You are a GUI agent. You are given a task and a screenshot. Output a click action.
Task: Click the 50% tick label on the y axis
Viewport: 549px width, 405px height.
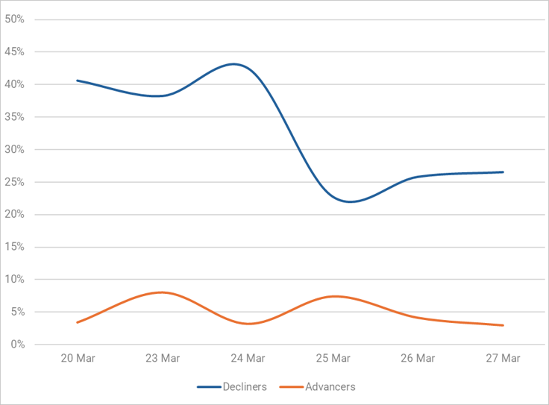pos(15,19)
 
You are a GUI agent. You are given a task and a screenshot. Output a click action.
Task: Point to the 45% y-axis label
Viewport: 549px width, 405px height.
pos(15,52)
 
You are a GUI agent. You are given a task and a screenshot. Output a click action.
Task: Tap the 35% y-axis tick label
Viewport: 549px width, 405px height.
pos(15,117)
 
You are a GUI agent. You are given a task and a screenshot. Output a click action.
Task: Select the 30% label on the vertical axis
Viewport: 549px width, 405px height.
pos(15,150)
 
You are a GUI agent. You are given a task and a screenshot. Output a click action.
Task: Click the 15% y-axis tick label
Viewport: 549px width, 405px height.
pos(15,248)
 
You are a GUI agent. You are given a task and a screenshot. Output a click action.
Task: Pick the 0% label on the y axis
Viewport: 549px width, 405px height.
pos(17,345)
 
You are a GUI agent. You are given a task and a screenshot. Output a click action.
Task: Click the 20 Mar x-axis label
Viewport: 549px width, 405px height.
pos(78,358)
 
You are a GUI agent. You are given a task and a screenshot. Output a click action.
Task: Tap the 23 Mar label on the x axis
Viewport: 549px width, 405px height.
pos(163,358)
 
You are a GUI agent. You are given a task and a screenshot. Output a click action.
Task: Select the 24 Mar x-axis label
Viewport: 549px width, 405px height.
pos(248,358)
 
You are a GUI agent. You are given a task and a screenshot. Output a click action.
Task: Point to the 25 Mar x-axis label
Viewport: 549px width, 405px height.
pos(333,358)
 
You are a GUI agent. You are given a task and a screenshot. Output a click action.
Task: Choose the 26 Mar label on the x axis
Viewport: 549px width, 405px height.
pos(418,358)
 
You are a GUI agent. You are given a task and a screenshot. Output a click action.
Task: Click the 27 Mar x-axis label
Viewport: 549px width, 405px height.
pos(503,358)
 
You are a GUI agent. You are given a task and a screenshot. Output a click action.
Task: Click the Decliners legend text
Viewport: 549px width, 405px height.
pos(245,387)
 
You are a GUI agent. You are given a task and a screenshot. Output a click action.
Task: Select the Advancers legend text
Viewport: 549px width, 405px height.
pos(330,387)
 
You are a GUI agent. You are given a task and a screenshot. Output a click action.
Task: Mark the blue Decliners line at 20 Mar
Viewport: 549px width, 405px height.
pos(78,81)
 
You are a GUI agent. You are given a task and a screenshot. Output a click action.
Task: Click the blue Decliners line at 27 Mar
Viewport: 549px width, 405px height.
pos(503,172)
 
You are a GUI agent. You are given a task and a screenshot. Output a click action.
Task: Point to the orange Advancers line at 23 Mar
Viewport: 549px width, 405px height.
pos(163,292)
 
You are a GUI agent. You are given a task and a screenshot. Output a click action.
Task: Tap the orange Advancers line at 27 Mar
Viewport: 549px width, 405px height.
pos(503,325)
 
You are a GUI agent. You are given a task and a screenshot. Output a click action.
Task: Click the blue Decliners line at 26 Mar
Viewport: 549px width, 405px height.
pos(418,178)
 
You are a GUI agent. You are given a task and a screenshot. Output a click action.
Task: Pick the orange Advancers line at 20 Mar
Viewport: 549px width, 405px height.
pos(78,322)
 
